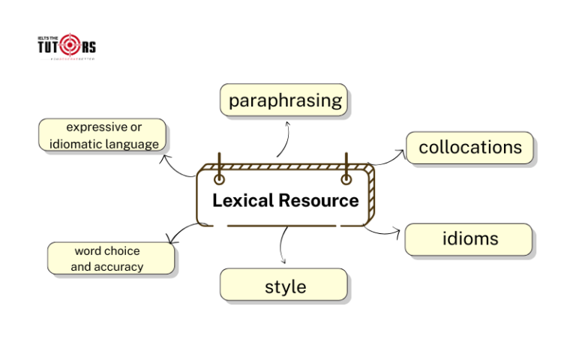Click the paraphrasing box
click(285, 100)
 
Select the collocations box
click(469, 148)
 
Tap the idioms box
click(469, 239)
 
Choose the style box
click(284, 286)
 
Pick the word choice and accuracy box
click(111, 259)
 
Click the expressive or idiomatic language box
click(103, 135)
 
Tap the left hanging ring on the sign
click(219, 179)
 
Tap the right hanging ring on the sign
click(346, 179)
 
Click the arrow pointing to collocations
click(388, 157)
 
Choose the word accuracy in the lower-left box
click(118, 267)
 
